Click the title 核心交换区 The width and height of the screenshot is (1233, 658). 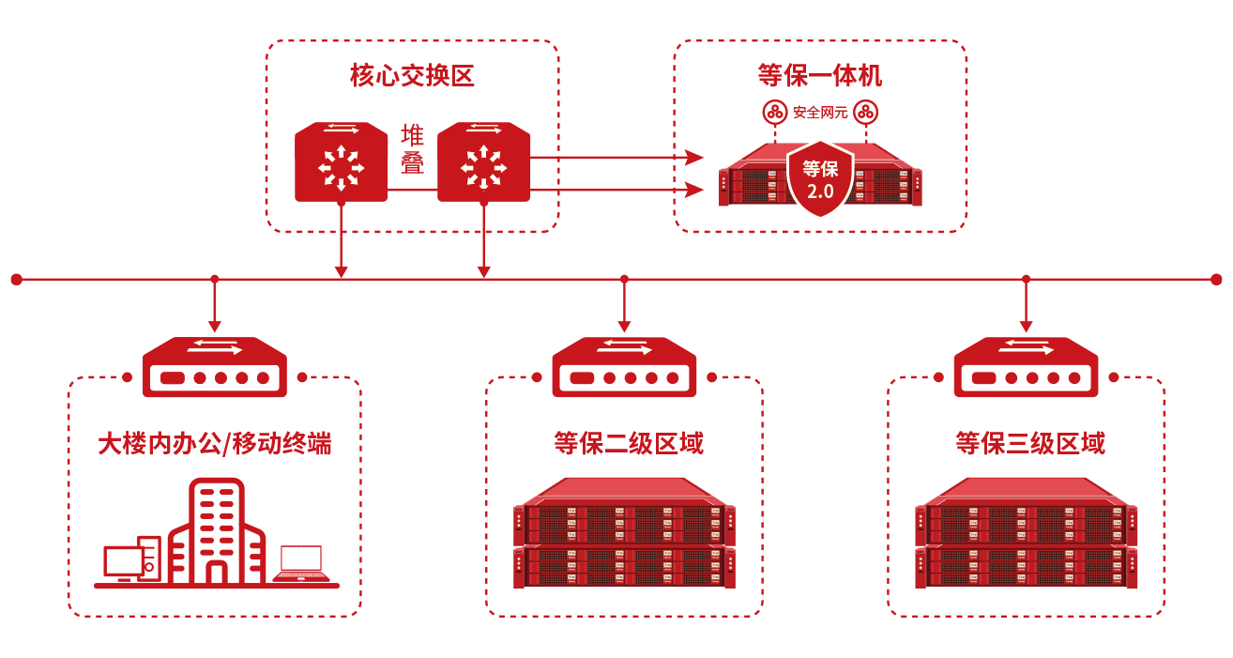tap(412, 76)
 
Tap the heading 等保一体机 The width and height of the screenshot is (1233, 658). tap(819, 75)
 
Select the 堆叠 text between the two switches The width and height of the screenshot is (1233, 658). tap(413, 149)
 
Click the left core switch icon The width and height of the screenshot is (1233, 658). tap(341, 161)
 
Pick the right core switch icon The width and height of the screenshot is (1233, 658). tap(483, 161)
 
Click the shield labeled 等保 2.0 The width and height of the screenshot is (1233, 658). tap(820, 177)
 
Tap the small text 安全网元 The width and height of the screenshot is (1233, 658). tap(820, 113)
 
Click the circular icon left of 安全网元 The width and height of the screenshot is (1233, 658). tap(775, 112)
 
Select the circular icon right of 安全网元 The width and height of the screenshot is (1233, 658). tap(865, 112)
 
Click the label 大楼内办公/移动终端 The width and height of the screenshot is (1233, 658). tap(215, 443)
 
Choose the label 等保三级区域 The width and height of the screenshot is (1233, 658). tap(1029, 443)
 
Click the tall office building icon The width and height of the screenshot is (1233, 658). tap(216, 533)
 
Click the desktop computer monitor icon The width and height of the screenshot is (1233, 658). tap(124, 562)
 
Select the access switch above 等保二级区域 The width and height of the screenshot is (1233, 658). tap(624, 367)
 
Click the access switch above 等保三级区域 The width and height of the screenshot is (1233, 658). tap(1026, 367)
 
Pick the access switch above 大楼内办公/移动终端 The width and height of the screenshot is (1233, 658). tap(215, 367)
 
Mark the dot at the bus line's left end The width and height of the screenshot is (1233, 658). tap(16, 279)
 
